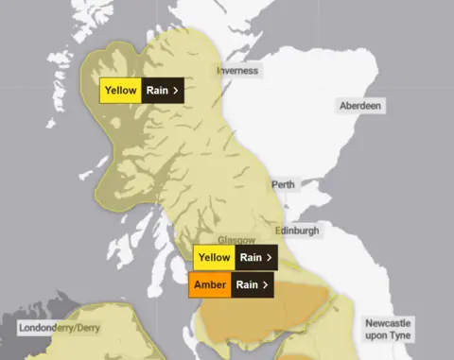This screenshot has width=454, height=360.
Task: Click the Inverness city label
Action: point(237,71)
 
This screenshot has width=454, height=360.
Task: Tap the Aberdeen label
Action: point(361,106)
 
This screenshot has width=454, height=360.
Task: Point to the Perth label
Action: point(283,184)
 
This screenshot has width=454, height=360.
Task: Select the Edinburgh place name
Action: point(296,231)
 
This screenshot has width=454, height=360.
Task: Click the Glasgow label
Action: point(236,241)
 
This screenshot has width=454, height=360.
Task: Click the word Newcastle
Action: point(391,323)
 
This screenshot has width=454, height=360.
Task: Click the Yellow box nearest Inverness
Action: point(121,91)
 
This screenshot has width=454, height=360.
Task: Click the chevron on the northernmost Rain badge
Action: point(176,91)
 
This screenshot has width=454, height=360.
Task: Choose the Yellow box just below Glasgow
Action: point(214,257)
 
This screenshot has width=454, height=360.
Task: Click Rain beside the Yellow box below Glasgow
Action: point(250,257)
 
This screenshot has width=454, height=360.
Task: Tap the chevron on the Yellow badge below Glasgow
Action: point(270,257)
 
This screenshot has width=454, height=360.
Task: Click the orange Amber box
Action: point(210,283)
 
